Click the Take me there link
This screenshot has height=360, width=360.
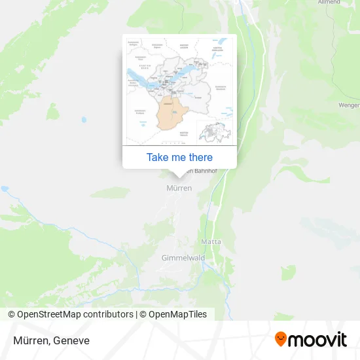click(x=179, y=157)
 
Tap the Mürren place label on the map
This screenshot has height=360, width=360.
click(x=179, y=189)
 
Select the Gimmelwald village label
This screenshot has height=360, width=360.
click(x=183, y=258)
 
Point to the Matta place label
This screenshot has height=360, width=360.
click(x=211, y=242)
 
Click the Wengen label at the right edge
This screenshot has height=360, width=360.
click(x=349, y=105)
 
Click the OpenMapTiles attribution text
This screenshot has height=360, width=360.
click(x=177, y=314)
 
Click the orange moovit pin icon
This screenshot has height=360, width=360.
click(x=281, y=340)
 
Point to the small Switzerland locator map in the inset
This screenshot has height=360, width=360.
click(x=214, y=132)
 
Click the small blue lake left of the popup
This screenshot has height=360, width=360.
click(x=83, y=120)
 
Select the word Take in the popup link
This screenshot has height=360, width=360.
click(x=157, y=157)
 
